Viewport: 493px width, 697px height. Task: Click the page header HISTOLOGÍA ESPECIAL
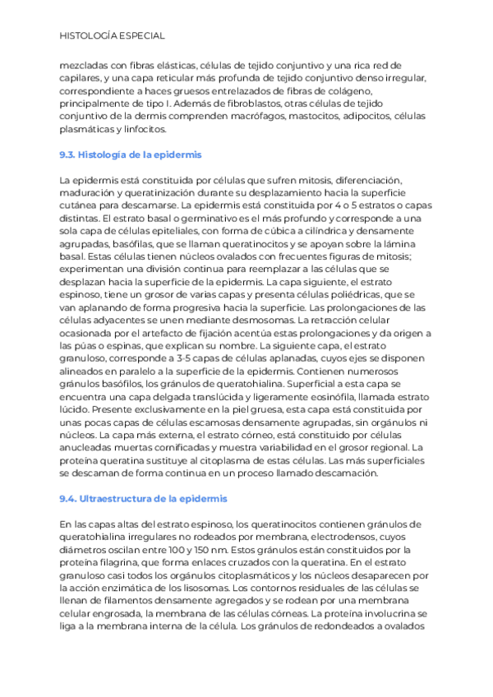click(113, 36)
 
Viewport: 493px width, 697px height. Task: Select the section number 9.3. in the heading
click(68, 155)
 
